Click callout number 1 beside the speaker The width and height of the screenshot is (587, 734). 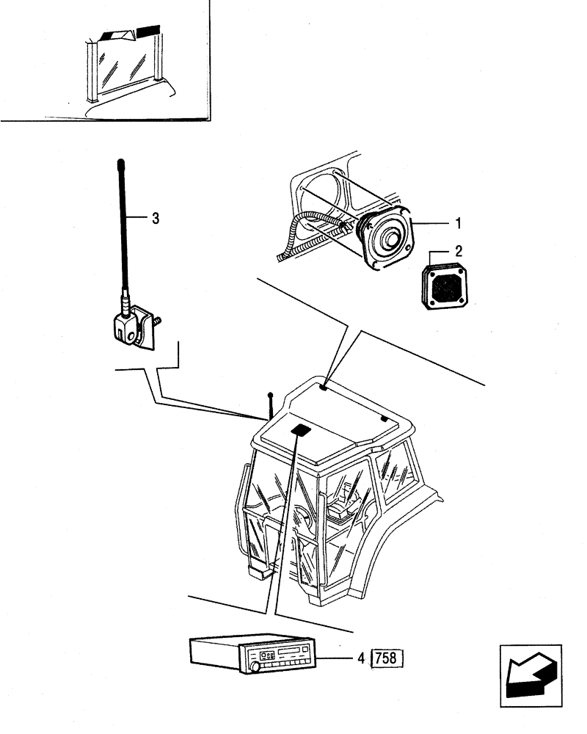[458, 222]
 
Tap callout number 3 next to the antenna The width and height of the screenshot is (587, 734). [155, 218]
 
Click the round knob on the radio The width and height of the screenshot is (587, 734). [255, 667]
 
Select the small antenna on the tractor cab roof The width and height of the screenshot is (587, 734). [271, 406]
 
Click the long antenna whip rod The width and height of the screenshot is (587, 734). [123, 220]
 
